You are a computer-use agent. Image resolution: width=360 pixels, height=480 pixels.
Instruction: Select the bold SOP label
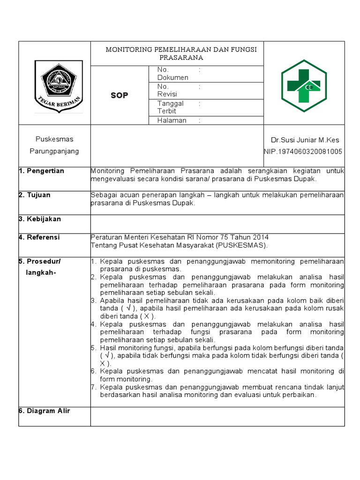[x=119, y=95]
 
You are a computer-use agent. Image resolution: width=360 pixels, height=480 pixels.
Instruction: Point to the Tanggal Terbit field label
[x=171, y=107]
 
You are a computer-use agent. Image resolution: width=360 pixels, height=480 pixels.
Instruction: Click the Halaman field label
[x=172, y=120]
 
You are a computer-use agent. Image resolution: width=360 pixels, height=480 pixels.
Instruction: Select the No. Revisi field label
[x=167, y=90]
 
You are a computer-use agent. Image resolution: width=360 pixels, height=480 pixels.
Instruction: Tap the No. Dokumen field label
[x=172, y=74]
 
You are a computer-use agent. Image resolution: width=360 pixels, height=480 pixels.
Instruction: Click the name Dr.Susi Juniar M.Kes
[x=305, y=140]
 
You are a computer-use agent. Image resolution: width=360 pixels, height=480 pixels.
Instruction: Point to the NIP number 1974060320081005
[x=303, y=151]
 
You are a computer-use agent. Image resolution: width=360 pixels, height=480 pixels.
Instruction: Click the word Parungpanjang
[x=54, y=151]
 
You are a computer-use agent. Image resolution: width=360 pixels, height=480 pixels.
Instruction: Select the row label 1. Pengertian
[x=41, y=171]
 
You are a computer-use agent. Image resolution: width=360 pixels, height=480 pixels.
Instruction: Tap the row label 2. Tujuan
[x=35, y=195]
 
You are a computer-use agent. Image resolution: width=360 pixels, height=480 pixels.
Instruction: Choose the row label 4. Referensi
[x=39, y=237]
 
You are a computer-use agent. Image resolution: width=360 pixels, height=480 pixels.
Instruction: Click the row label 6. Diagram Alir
[x=44, y=411]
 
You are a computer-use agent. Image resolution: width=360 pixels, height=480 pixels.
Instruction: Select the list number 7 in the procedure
[x=93, y=387]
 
